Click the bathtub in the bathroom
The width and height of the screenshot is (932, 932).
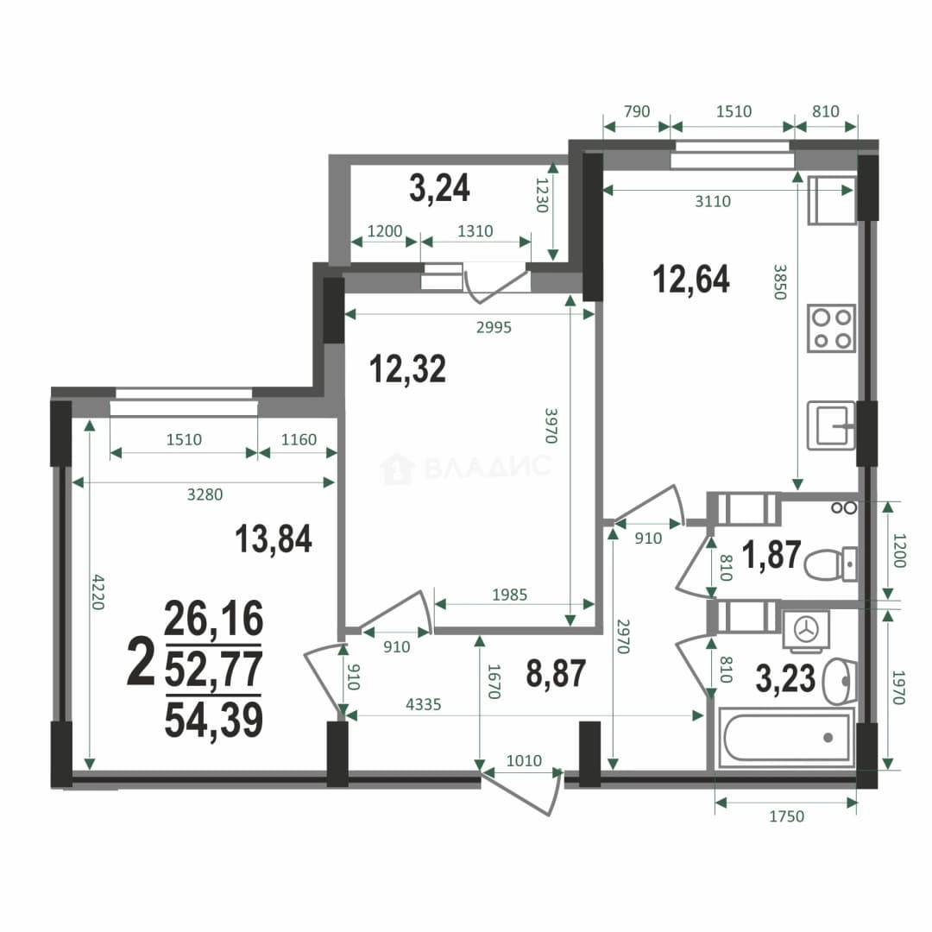(786, 737)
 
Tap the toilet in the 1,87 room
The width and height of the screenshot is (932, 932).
(830, 564)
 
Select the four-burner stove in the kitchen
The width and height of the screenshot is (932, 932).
(831, 328)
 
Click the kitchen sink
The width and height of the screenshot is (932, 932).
(831, 425)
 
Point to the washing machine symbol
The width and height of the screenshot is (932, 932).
(806, 629)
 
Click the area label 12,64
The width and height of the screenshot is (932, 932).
(690, 280)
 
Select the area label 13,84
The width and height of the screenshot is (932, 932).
(274, 538)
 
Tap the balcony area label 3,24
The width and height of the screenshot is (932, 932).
(439, 188)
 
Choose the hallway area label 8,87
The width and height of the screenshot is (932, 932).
(556, 673)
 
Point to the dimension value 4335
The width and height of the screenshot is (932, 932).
(423, 704)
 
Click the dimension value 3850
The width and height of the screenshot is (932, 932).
(780, 281)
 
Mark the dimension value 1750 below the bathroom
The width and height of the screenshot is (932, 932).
(786, 816)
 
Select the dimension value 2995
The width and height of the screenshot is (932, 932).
(494, 327)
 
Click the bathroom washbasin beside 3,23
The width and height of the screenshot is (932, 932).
(840, 681)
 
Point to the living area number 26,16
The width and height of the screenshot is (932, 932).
(213, 618)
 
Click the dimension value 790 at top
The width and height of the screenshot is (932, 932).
(637, 111)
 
